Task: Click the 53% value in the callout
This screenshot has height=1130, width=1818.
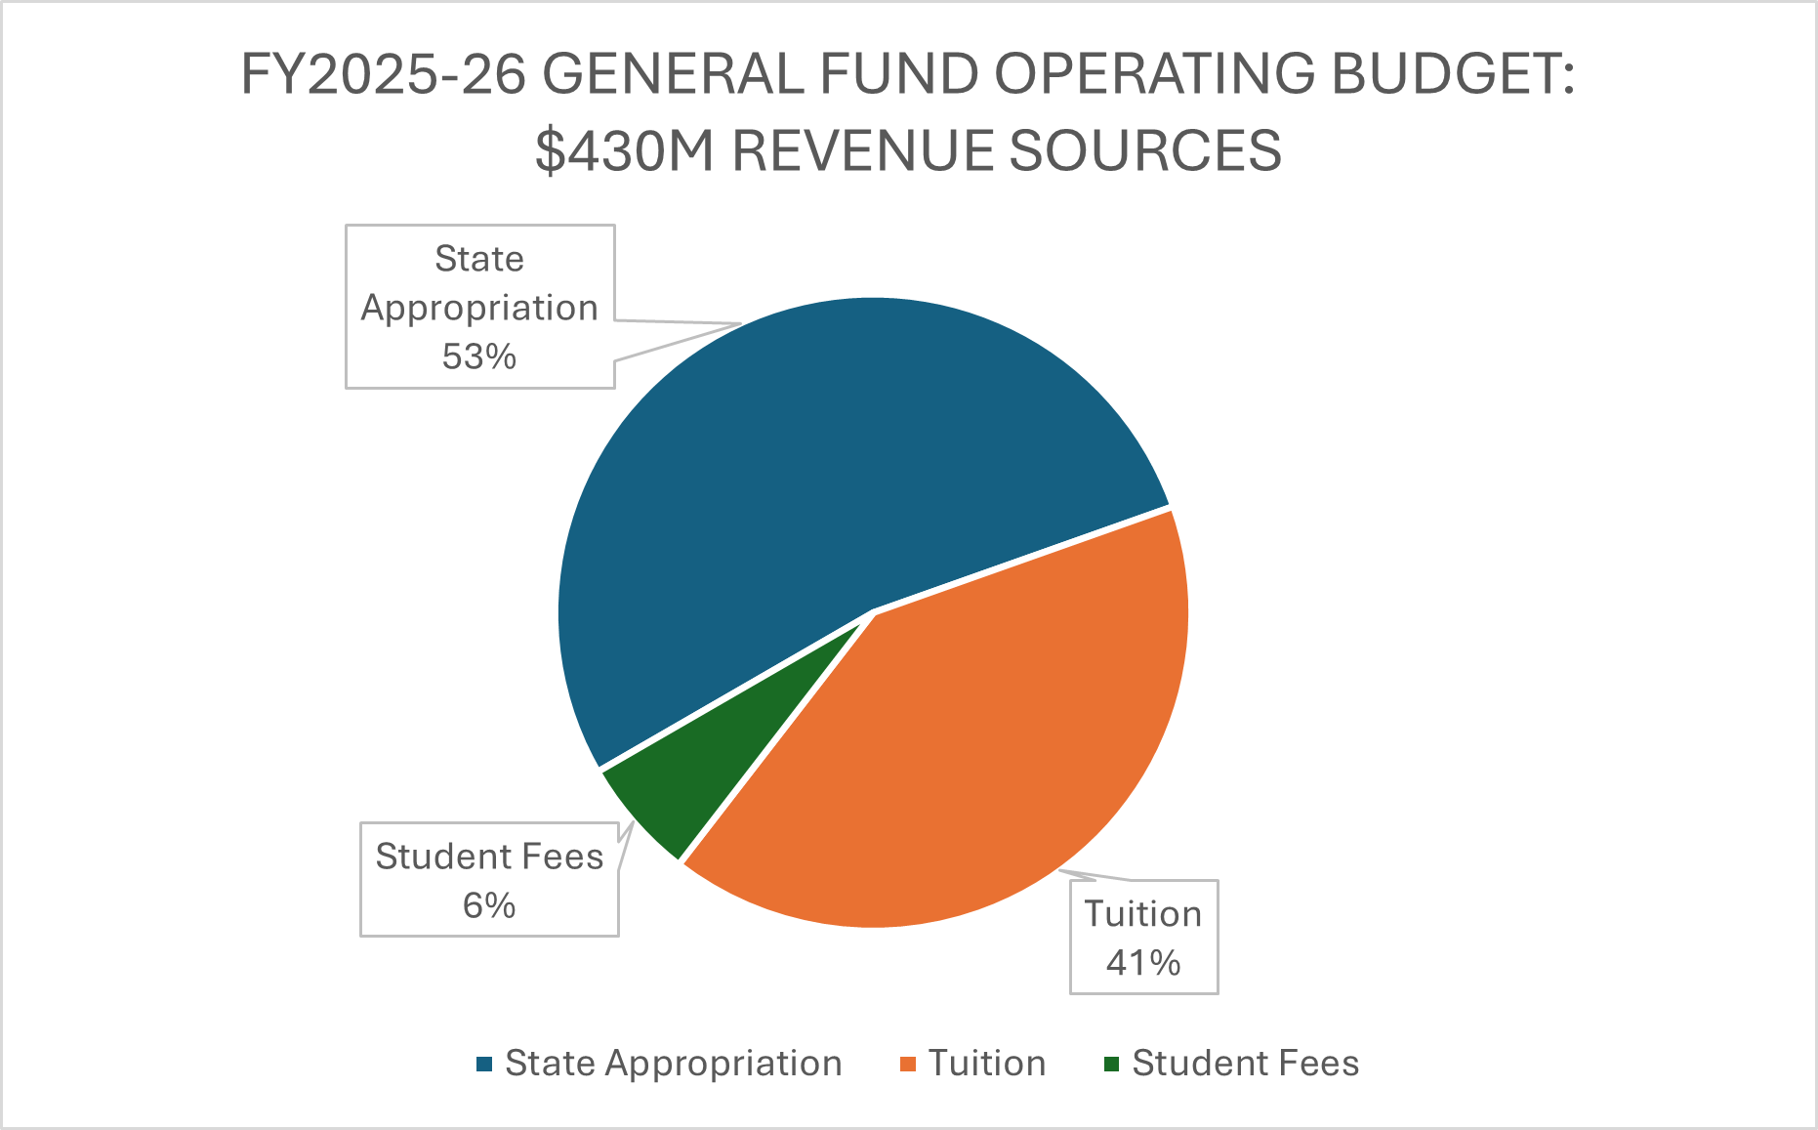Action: click(x=478, y=356)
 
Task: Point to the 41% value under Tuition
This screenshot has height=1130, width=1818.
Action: click(x=1143, y=963)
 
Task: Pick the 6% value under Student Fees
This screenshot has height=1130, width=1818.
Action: click(x=489, y=905)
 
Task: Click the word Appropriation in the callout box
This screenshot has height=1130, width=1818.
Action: click(x=478, y=308)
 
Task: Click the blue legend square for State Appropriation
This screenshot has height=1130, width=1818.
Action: click(x=484, y=1064)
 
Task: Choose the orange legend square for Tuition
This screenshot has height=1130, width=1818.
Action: click(x=908, y=1064)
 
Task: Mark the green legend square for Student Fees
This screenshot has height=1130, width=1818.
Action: click(x=1112, y=1064)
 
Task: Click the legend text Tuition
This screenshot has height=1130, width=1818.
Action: click(x=986, y=1063)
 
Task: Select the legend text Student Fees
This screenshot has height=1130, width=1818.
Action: click(x=1245, y=1063)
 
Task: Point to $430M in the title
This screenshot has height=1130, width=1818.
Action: click(x=625, y=150)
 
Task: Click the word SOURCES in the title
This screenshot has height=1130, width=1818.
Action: click(x=1144, y=150)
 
